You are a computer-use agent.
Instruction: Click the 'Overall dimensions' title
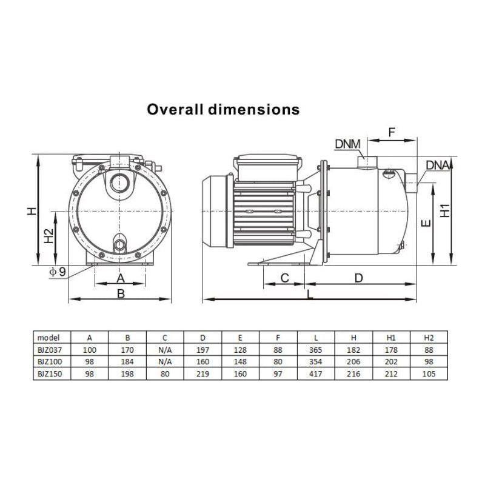point(223,110)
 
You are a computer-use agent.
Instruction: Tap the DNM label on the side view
point(347,144)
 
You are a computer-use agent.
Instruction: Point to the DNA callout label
point(438,165)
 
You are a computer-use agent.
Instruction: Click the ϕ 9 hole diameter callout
point(58,271)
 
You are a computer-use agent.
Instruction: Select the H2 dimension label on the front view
point(49,235)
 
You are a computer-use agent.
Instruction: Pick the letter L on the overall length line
point(310,294)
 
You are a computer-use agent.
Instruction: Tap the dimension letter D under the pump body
point(358,278)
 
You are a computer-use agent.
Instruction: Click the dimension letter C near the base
point(284,278)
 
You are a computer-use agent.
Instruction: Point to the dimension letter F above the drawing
point(392,131)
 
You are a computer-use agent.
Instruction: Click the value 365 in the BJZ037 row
point(316,350)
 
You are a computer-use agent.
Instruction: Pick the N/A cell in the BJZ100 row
point(165,362)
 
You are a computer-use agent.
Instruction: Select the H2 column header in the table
point(429,338)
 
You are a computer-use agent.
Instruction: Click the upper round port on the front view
point(119,181)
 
